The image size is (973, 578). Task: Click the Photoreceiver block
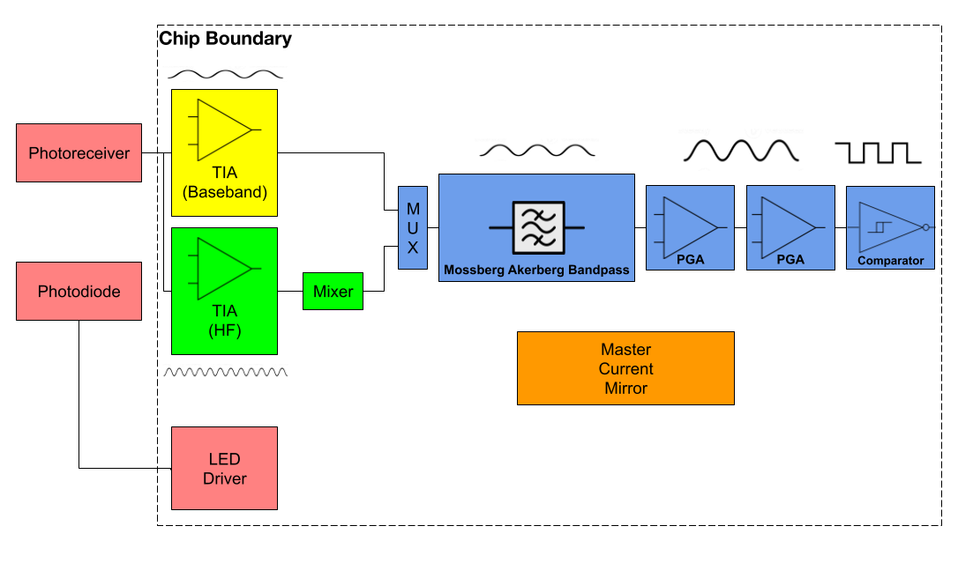79,153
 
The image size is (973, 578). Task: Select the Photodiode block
79,292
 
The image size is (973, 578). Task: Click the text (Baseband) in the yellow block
224,192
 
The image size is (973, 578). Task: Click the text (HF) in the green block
224,330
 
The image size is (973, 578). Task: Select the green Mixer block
333,292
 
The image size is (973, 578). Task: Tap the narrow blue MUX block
412,228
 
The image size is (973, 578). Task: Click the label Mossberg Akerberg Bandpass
536,270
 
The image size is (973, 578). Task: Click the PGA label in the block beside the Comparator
790,260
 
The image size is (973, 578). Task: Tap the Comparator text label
890,261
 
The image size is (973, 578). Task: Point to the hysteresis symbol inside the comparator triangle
880,226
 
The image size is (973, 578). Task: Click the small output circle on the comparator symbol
925,227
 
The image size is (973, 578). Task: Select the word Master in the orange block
625,350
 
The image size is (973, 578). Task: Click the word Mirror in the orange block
625,389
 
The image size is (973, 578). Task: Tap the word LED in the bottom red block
224,460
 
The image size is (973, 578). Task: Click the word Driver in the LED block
224,479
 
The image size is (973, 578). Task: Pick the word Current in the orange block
625,369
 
